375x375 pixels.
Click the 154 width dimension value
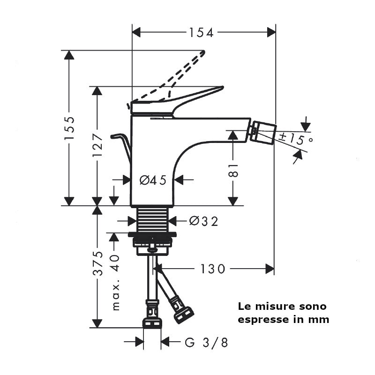click(201, 32)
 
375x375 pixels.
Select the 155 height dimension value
click(69, 128)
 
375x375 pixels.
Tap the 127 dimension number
click(97, 145)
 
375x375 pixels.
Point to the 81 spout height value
click(233, 170)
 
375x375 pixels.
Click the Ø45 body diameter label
click(153, 180)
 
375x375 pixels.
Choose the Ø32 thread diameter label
click(203, 221)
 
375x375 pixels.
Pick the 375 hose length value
click(97, 263)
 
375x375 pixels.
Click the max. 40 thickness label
click(115, 283)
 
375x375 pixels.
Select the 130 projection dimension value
click(213, 269)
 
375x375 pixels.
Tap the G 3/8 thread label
click(206, 342)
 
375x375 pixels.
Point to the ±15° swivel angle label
click(296, 139)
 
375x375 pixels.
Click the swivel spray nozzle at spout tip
click(263, 133)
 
